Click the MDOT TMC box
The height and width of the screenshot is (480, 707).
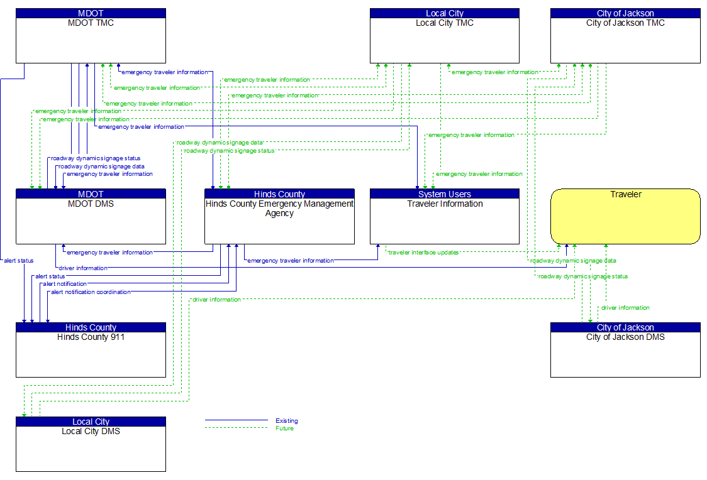[x=91, y=40]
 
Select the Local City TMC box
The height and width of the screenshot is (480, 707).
[x=444, y=40]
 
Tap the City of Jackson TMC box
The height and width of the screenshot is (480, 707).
[x=625, y=40]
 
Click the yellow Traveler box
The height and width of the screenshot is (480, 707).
[x=625, y=216]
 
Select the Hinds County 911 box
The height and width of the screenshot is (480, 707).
[x=91, y=354]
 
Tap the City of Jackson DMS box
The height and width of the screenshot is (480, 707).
[x=625, y=354]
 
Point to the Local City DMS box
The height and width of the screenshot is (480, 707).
[x=91, y=449]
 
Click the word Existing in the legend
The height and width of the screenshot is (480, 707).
[x=287, y=421]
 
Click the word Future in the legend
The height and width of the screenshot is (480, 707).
[x=284, y=428]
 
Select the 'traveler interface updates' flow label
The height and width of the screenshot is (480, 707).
[x=423, y=253]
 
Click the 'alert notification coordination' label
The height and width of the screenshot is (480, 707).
[x=91, y=292]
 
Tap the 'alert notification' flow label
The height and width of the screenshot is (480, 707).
[x=65, y=284]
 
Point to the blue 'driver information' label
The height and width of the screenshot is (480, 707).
[x=83, y=268]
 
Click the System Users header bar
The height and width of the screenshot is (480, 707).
[x=444, y=194]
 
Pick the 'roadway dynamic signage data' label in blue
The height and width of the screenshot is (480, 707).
[x=101, y=166]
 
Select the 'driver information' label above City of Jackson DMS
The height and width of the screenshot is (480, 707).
[x=625, y=308]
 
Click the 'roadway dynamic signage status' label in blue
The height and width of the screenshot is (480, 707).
[x=96, y=158]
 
